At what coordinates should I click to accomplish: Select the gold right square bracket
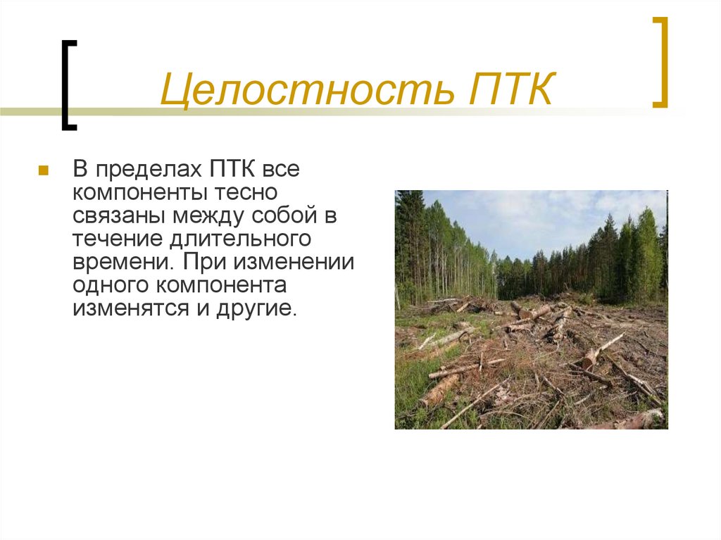click(660, 63)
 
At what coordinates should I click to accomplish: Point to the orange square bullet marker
click(43, 171)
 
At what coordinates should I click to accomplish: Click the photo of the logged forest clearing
click(531, 309)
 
